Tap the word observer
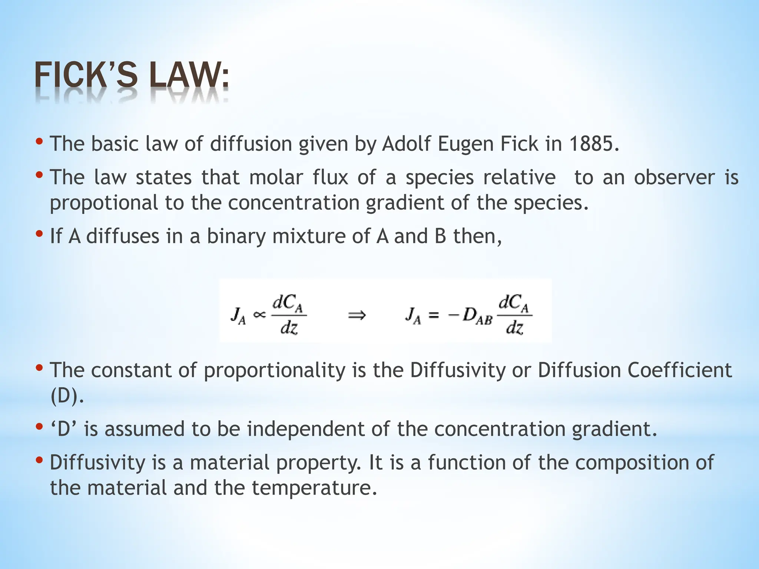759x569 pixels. point(674,177)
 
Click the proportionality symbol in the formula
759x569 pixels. point(259,315)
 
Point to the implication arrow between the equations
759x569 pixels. point(357,316)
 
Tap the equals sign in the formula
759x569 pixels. point(433,316)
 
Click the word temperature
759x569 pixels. point(314,488)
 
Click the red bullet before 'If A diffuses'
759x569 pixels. point(39,234)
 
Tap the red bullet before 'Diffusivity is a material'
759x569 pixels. point(39,460)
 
